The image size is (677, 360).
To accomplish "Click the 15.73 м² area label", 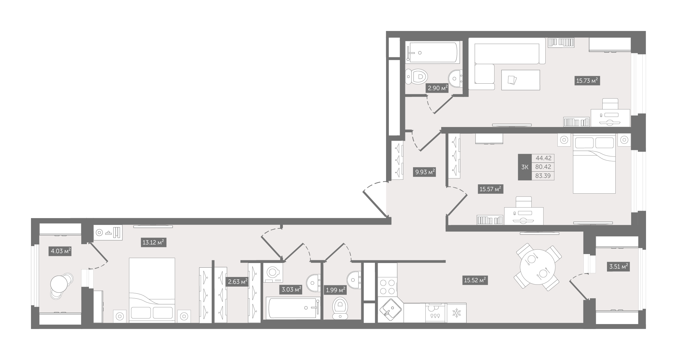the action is tap(587, 81).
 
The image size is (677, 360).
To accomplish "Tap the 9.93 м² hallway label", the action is tap(424, 172).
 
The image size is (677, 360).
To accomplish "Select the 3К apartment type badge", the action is tap(525, 167).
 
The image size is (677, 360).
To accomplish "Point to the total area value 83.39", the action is tap(543, 176).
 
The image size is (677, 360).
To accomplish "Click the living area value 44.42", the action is tap(543, 158).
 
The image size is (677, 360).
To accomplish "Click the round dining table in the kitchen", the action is tap(538, 267).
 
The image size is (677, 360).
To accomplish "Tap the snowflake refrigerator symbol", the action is tap(456, 313).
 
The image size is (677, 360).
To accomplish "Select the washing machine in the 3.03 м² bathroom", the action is tap(273, 273).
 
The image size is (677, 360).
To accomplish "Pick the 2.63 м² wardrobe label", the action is tap(238, 282).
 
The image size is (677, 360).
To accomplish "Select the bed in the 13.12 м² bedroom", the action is tap(152, 290).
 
